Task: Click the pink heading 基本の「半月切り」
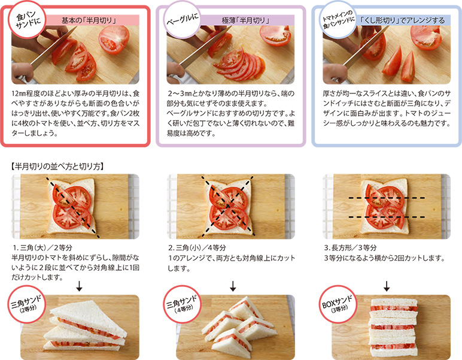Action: click(89, 20)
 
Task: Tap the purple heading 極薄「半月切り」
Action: click(246, 20)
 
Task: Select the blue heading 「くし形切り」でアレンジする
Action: click(402, 20)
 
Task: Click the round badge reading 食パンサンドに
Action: click(27, 20)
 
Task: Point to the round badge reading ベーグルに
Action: click(183, 20)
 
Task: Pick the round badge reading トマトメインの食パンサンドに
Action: click(338, 20)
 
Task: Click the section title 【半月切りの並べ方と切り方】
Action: click(57, 167)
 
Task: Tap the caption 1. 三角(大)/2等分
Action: click(42, 247)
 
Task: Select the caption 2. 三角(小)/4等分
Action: click(197, 247)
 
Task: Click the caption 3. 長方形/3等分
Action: click(350, 247)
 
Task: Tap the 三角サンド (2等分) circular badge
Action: click(27, 304)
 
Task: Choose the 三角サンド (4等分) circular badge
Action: click(183, 304)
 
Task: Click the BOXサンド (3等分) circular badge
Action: click(338, 304)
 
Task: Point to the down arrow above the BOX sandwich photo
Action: click(387, 286)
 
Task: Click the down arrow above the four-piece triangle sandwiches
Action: click(233, 286)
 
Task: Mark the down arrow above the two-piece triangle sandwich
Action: click(79, 286)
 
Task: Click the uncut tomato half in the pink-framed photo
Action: click(114, 40)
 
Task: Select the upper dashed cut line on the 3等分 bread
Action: click(387, 198)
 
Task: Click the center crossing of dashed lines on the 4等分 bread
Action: click(228, 206)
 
